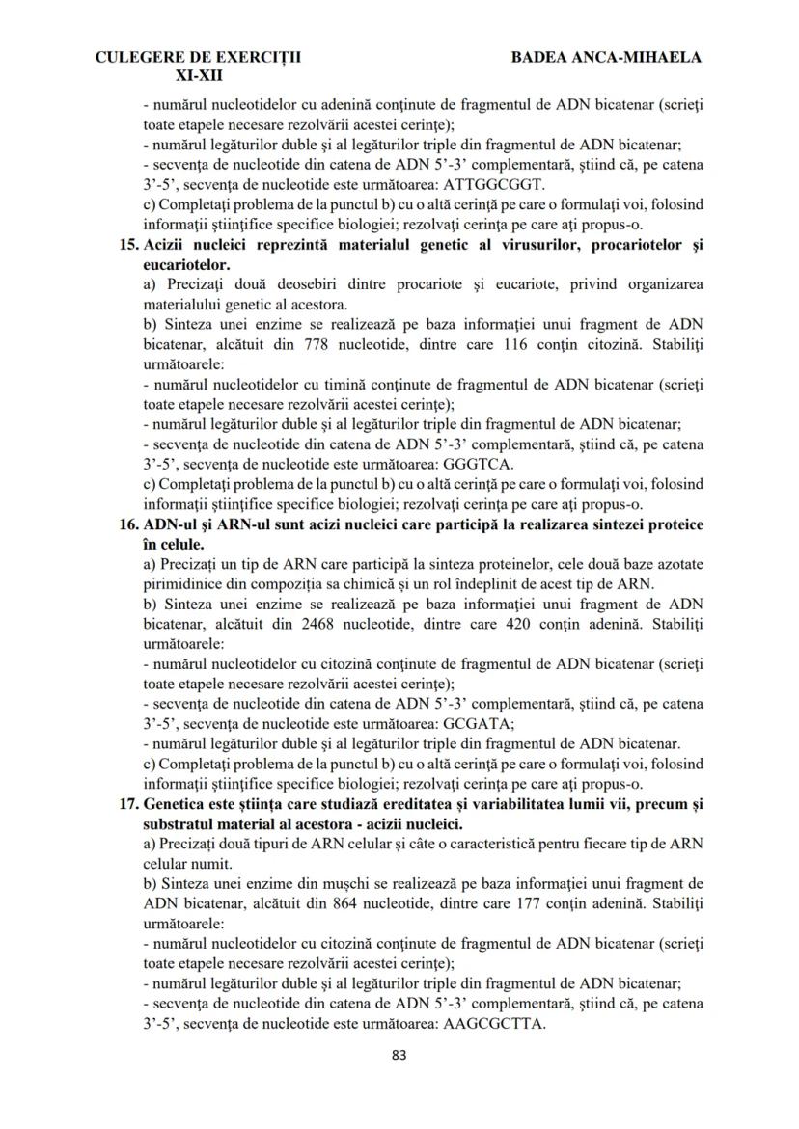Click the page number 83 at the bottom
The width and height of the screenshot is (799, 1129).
pos(399,1055)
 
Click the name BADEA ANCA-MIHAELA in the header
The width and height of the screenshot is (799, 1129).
pos(605,57)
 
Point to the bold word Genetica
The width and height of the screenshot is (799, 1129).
pos(175,804)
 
